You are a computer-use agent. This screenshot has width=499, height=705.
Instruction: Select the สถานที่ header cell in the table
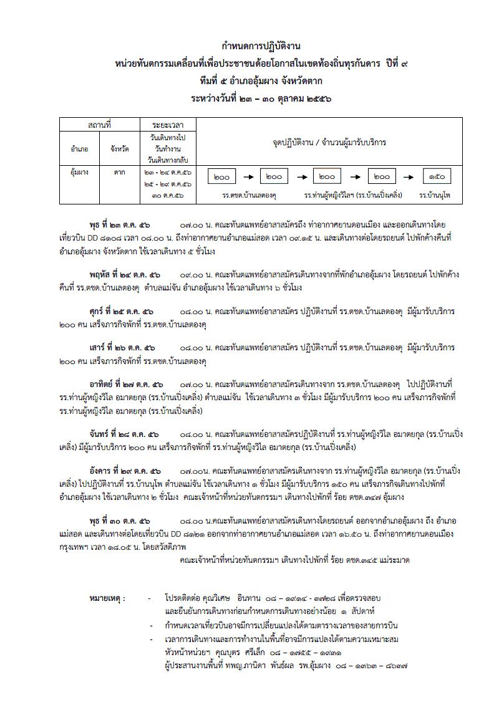tap(99, 125)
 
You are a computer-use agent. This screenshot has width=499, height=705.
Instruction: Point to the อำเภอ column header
tap(80, 149)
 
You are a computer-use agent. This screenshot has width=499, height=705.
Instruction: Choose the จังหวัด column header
tap(119, 149)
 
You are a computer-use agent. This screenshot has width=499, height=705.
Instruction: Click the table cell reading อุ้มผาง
tap(79, 171)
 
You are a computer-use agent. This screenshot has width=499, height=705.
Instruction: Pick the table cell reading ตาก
tap(119, 171)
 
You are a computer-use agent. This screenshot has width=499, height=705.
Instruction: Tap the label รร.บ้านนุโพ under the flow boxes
tap(435, 195)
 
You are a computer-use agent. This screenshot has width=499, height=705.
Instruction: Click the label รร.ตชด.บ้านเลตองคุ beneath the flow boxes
tap(249, 195)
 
